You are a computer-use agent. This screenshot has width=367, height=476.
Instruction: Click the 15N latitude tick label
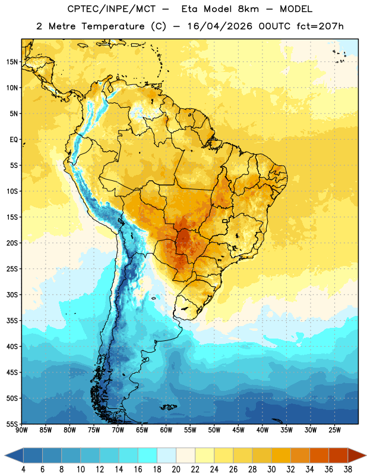[x=12, y=62]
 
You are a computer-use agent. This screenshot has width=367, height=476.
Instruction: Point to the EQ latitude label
[x=14, y=140]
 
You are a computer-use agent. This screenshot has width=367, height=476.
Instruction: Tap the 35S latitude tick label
[x=12, y=321]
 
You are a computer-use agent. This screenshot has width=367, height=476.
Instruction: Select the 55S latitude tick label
[x=12, y=424]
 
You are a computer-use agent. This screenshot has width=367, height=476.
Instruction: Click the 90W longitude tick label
[x=21, y=430]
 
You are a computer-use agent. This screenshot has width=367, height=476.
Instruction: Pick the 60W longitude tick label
[x=166, y=430]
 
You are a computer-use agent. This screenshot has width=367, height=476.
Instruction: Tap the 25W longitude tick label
[x=334, y=430]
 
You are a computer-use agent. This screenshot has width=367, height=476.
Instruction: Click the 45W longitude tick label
[x=238, y=430]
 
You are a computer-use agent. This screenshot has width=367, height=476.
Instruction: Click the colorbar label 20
[x=176, y=469]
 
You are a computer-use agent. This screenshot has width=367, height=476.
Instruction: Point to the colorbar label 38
[x=348, y=469]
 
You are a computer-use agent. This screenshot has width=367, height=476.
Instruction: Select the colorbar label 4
[x=23, y=469]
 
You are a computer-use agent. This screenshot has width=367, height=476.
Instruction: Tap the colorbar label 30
[x=271, y=469]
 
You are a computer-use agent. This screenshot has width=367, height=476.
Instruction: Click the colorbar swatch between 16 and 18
[x=147, y=455]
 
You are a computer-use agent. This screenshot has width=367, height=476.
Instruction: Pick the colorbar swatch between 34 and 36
[x=319, y=455]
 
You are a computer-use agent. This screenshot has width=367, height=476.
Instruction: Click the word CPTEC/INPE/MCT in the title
[x=112, y=9]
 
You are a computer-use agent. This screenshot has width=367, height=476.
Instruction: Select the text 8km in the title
[x=248, y=9]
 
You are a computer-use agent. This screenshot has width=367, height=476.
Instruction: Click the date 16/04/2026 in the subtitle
[x=220, y=26]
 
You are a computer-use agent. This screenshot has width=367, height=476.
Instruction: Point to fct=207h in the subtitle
[x=320, y=26]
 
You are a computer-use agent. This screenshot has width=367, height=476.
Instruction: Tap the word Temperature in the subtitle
[x=113, y=26]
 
